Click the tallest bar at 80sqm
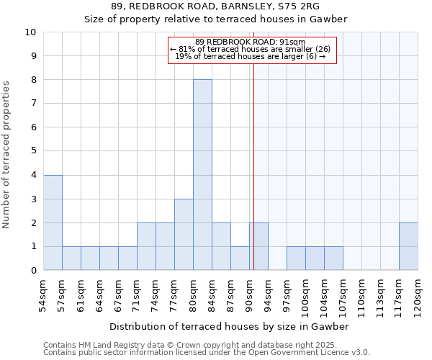[x=202, y=175]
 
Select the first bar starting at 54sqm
[x=53, y=222]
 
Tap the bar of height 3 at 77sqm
[x=184, y=235]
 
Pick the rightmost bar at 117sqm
[x=408, y=246]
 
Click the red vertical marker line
[x=253, y=158]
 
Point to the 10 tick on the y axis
[x=30, y=32]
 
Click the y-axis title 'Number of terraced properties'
[x=7, y=155]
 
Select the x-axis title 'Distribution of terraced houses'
[x=229, y=326]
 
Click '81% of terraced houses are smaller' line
[x=250, y=49]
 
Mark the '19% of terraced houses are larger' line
[x=250, y=56]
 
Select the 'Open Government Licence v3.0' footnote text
[x=310, y=353]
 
